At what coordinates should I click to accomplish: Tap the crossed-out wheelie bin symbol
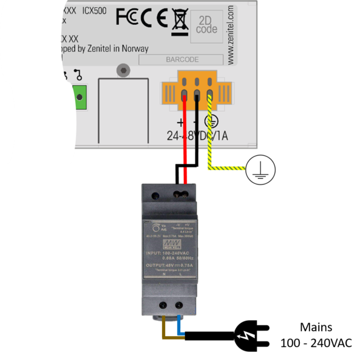pyautogui.click(x=179, y=19)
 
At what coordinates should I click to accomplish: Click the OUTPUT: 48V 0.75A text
pyautogui.click(x=169, y=265)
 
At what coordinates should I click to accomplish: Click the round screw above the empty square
pyautogui.click(x=123, y=71)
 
